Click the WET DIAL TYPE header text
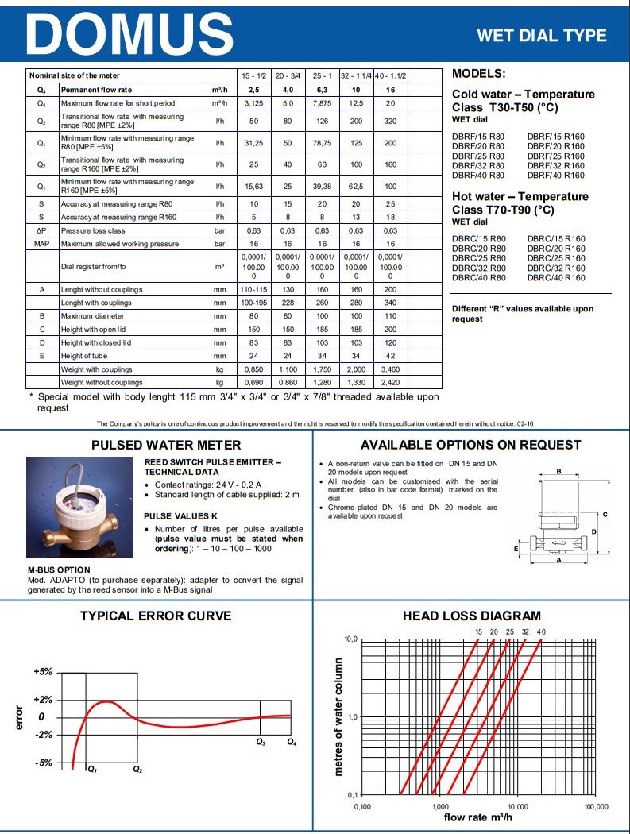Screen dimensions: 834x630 (x=541, y=36)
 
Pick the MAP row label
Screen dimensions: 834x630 (x=43, y=242)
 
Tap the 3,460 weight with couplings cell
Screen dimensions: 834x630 (x=390, y=369)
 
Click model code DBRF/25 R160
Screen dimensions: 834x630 (x=556, y=156)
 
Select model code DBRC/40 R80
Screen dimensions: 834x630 (x=478, y=278)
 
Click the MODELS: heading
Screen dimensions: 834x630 (x=478, y=74)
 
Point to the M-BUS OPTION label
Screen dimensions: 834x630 (x=59, y=570)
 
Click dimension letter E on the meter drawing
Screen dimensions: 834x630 (x=516, y=548)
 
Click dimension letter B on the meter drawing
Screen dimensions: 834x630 (x=558, y=472)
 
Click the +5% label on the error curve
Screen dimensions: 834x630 (x=43, y=671)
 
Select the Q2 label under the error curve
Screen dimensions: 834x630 (x=137, y=769)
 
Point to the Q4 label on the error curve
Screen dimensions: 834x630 (x=292, y=742)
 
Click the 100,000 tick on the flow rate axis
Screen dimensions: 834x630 (x=595, y=806)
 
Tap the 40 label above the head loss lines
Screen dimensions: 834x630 (x=541, y=631)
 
